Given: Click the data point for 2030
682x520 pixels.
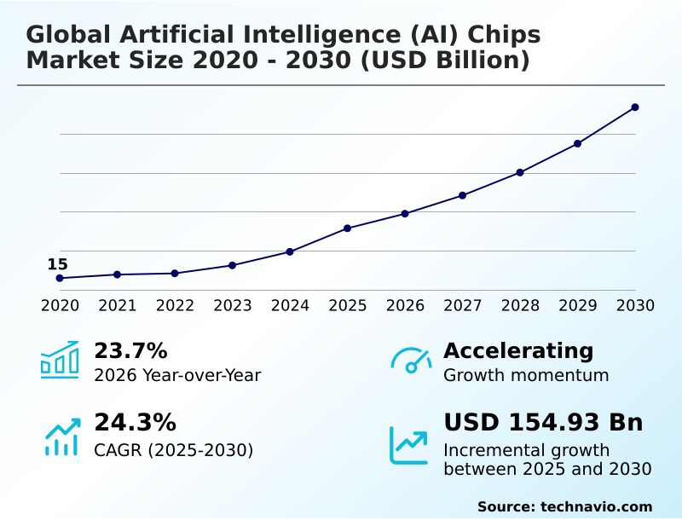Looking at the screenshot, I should [x=635, y=107].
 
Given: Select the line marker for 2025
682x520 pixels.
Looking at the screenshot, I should [x=348, y=228].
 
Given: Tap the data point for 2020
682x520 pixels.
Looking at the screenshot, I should [x=60, y=278].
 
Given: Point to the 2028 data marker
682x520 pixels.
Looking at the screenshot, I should [x=520, y=172].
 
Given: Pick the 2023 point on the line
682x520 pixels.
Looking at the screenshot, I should [x=233, y=265].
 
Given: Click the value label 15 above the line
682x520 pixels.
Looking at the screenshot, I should [x=57, y=264].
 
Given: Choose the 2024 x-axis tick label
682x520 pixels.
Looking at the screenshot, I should [x=290, y=306].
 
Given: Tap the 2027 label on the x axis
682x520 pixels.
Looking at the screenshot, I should [x=463, y=306].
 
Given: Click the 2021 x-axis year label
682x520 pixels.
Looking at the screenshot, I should [x=118, y=306].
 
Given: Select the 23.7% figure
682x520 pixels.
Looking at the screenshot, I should [x=130, y=350].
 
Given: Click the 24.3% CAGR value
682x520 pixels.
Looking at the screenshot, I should [x=135, y=423].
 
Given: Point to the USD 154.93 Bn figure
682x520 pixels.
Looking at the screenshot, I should [x=543, y=423].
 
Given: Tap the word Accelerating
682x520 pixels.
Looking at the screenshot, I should [x=518, y=350].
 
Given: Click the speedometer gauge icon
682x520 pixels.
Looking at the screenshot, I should [x=411, y=361].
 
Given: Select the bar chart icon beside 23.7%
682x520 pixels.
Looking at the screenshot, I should [x=60, y=361].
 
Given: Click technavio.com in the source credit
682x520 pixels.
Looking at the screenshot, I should [x=596, y=506].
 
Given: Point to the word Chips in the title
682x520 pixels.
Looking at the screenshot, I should [x=502, y=35].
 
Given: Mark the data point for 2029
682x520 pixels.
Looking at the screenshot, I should [x=578, y=143].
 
